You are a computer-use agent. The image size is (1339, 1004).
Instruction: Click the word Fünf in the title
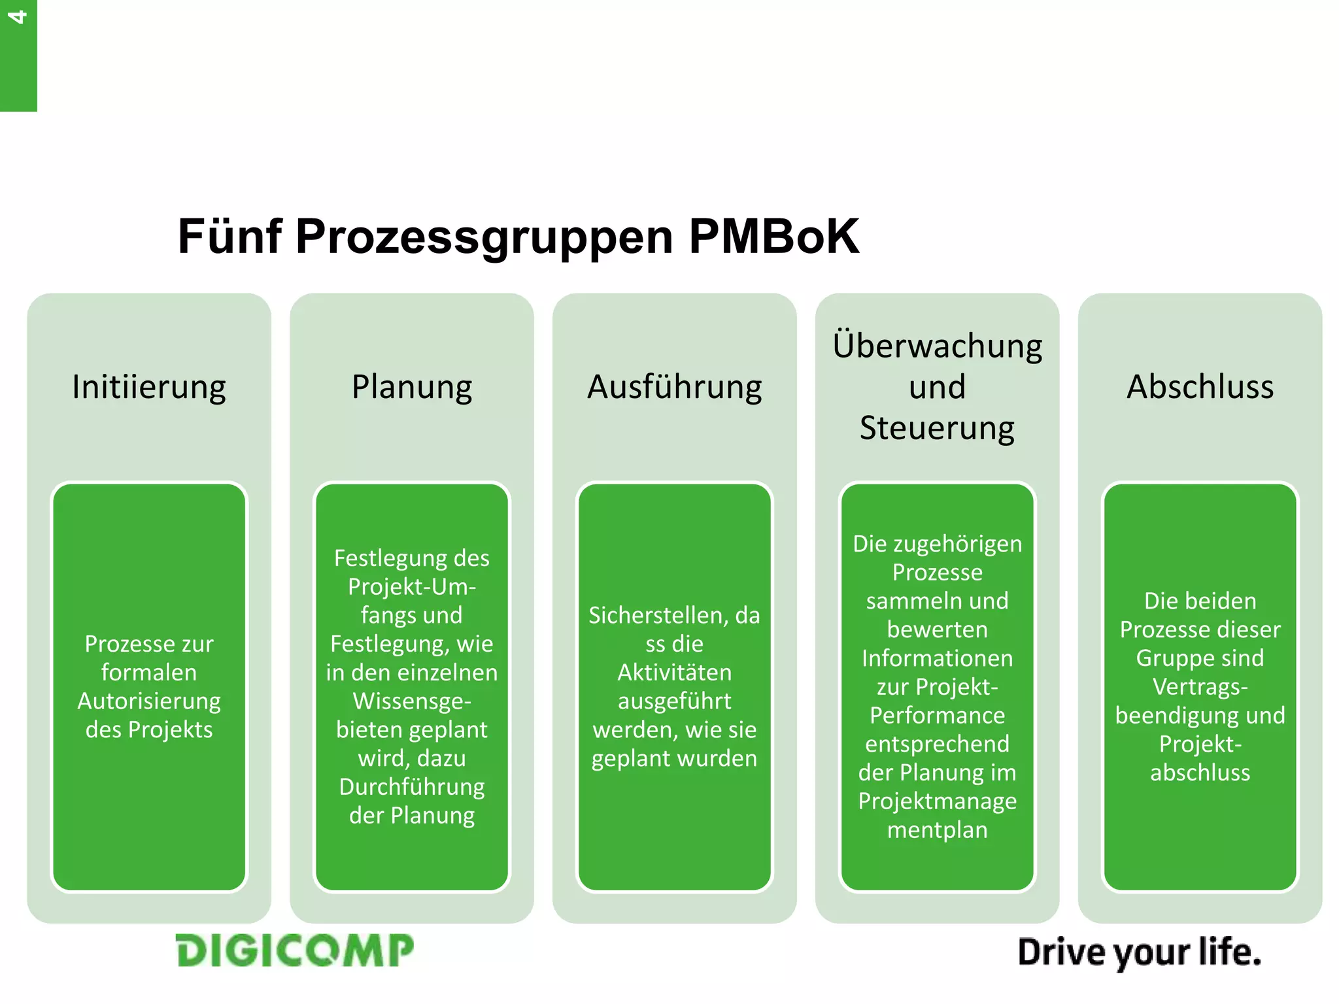point(229,236)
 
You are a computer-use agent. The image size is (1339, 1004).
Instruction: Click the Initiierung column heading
point(149,387)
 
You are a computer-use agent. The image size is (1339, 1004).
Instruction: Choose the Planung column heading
point(412,387)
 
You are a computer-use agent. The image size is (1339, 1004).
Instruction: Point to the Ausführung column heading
point(674,387)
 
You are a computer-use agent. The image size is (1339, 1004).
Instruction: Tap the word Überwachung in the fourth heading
point(937,346)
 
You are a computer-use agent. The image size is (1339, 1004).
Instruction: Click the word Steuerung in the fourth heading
point(937,429)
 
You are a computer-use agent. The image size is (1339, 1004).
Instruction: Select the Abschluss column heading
point(1200,386)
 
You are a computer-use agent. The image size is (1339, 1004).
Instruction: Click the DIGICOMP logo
point(295,950)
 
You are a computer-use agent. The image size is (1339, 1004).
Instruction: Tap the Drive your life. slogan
point(1139,952)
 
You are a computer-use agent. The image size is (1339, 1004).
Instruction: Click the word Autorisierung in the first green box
point(149,701)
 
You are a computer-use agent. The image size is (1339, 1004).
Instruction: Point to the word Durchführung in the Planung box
point(412,788)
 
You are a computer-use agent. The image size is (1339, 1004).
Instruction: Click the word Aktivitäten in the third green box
point(674,673)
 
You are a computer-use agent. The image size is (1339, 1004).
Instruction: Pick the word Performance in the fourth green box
point(937,716)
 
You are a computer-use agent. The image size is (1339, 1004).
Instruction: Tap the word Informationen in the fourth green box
point(937,658)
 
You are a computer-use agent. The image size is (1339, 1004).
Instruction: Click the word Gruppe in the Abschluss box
point(1166,658)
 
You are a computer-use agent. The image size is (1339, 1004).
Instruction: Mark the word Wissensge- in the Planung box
point(412,701)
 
